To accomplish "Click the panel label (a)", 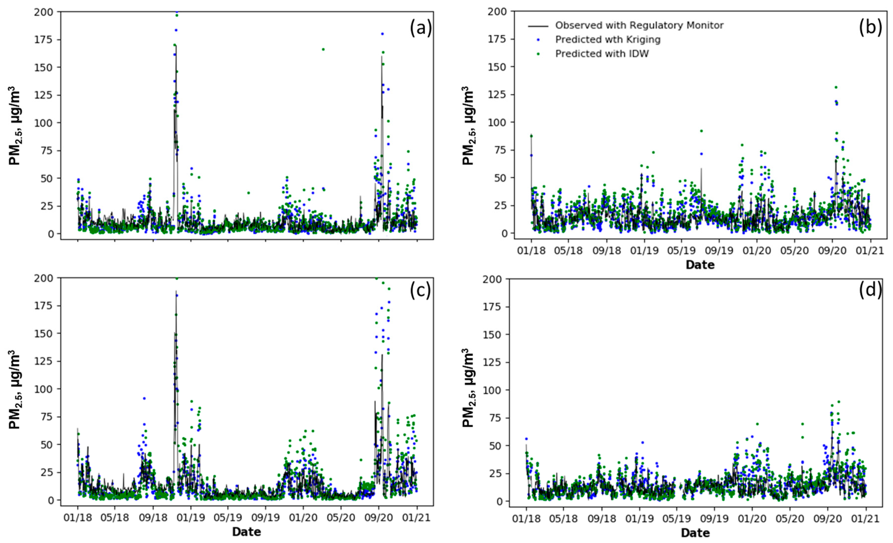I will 420,28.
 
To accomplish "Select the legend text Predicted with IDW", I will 602,54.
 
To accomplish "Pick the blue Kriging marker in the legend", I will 538,39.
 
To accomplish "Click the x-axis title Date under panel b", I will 700,265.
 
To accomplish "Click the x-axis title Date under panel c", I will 247,532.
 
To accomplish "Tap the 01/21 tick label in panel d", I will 866,519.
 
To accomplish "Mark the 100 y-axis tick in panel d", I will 495,390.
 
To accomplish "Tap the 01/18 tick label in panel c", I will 77,518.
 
